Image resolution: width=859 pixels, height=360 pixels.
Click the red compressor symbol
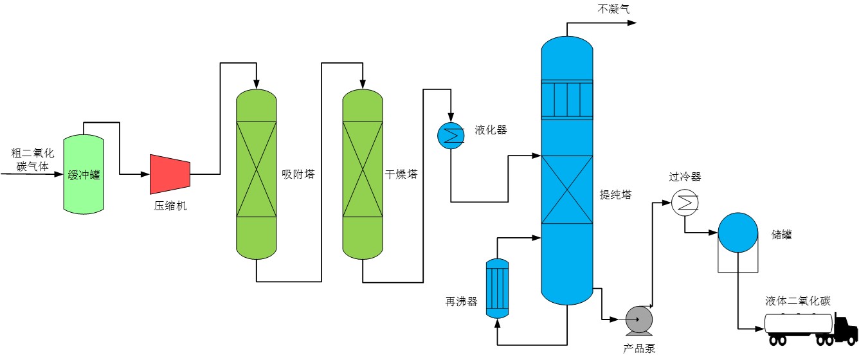pos(170,174)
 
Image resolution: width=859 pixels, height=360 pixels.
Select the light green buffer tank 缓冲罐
pos(84,174)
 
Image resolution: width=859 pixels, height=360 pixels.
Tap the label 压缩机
pos(170,206)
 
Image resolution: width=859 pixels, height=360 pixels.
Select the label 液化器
pos(491,130)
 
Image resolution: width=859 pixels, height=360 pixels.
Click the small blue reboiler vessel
pos(496,288)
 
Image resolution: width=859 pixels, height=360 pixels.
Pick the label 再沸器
pos(462,301)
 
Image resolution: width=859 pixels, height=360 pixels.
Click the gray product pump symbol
pos(639,318)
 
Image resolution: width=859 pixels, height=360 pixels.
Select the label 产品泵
pos(639,348)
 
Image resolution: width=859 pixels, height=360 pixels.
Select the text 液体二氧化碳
pos(798,301)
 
